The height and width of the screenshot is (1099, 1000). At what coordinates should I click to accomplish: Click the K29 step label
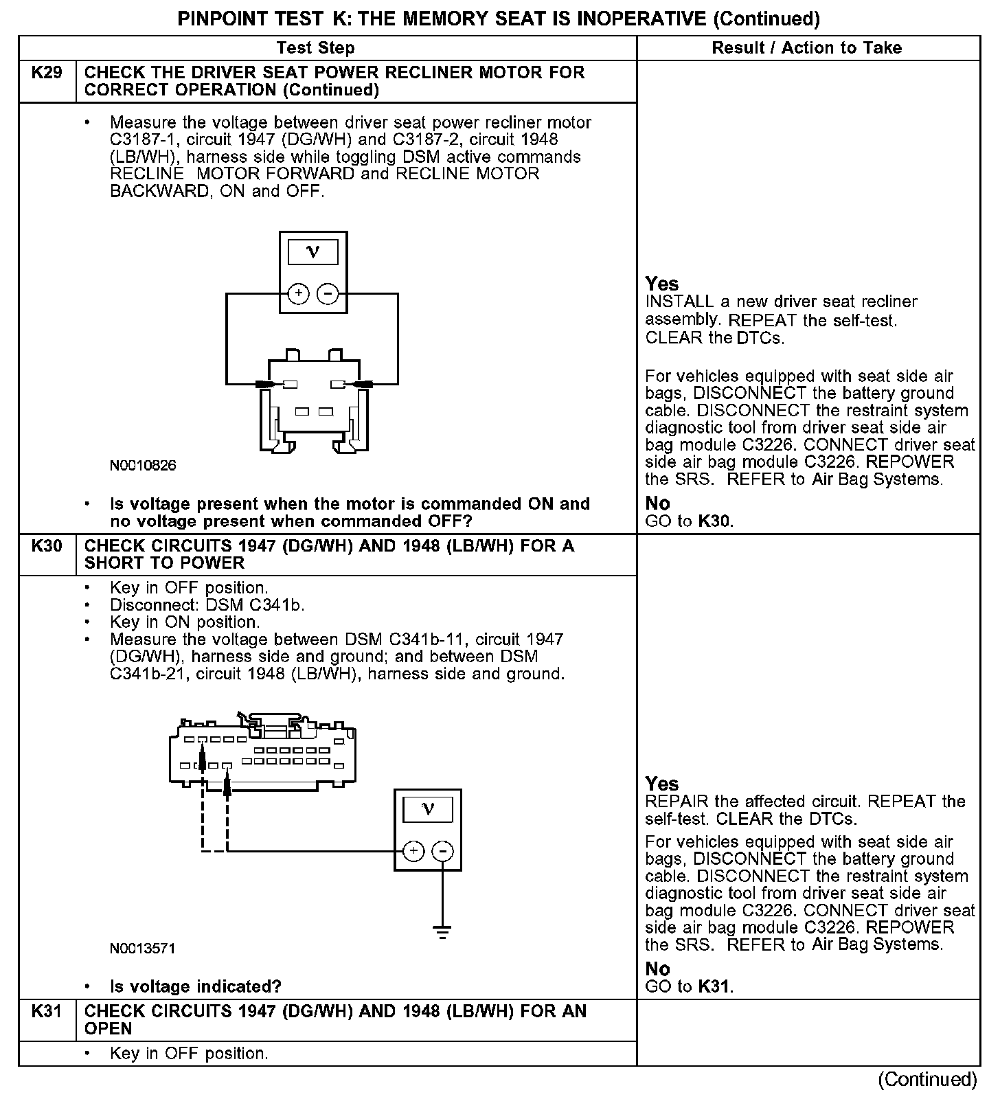tap(47, 73)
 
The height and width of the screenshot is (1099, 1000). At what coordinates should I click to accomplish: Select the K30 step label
tap(47, 547)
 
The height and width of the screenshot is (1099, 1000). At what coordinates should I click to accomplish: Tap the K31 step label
tap(47, 1012)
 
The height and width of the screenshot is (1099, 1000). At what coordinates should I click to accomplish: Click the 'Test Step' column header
tap(315, 48)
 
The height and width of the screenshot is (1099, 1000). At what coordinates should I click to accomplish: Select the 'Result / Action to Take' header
tap(807, 48)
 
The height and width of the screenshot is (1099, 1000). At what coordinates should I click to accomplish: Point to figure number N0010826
tap(143, 466)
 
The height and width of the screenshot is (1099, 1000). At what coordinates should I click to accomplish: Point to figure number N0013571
tap(143, 949)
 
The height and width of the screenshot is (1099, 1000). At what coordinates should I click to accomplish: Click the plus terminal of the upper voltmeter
tap(298, 294)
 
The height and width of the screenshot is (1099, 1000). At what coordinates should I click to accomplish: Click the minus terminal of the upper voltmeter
tap(328, 294)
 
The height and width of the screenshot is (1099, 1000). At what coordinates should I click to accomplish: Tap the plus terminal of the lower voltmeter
tap(413, 852)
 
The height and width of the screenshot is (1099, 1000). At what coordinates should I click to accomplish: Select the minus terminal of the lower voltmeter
tap(443, 852)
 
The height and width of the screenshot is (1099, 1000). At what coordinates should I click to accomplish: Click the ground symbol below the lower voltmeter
tap(443, 933)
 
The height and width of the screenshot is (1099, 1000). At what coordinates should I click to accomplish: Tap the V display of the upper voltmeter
tap(312, 252)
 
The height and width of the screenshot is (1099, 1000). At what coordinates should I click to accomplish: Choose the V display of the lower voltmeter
tap(428, 809)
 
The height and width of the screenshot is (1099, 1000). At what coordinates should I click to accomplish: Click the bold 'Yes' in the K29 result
tap(662, 284)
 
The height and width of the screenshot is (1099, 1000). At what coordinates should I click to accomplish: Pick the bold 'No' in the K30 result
tap(657, 969)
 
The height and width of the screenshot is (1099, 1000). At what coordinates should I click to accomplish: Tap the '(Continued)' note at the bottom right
tap(927, 1080)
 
